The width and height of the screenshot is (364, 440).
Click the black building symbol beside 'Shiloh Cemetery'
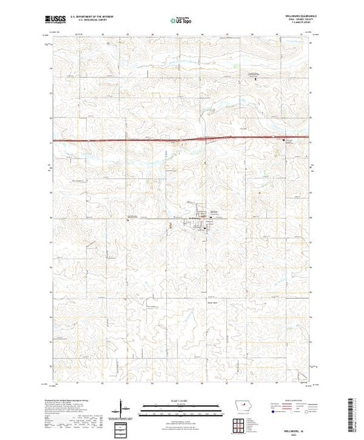click(x=284, y=140)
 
